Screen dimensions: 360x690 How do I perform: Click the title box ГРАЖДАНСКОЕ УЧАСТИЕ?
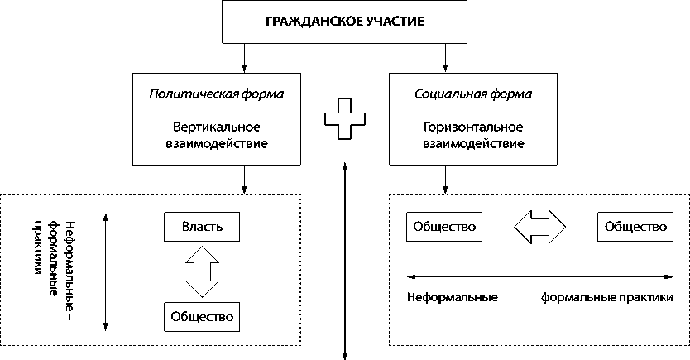pos(345,22)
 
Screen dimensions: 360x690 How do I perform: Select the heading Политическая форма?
pos(217,94)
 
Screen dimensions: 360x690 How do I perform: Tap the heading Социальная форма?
pos(472,94)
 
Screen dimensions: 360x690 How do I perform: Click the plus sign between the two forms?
pos(344,121)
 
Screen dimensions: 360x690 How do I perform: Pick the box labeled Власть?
pos(202,226)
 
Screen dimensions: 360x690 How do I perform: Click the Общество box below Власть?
pos(202,314)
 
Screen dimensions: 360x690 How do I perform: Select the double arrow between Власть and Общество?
pos(202,270)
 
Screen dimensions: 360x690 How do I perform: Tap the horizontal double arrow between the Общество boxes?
pos(539,226)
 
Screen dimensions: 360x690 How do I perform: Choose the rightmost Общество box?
pos(635,226)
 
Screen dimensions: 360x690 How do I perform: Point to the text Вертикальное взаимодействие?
pos(217,136)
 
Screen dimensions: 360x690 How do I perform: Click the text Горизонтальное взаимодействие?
pos(472,136)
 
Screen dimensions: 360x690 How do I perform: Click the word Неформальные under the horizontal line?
pos(453,297)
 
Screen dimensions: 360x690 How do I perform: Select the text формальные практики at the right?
pos(615,297)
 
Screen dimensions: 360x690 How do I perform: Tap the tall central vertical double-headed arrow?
pos(344,262)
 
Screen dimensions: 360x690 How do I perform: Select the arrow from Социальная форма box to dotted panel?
pos(446,179)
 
